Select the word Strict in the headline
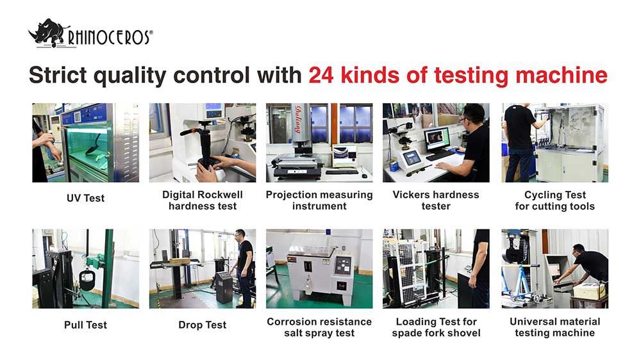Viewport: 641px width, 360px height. pyautogui.click(x=58, y=75)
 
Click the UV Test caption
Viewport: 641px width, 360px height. pyautogui.click(x=85, y=199)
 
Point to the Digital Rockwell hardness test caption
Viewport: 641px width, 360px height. pyautogui.click(x=203, y=200)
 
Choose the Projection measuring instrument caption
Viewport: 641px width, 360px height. pyautogui.click(x=319, y=200)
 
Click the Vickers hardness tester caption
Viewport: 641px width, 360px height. pyautogui.click(x=436, y=200)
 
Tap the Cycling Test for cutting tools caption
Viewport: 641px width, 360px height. pyautogui.click(x=554, y=200)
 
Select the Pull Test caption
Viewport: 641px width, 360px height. pyautogui.click(x=85, y=325)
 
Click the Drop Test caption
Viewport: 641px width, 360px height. pyautogui.click(x=203, y=325)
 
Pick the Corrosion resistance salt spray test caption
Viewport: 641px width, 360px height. pyautogui.click(x=319, y=327)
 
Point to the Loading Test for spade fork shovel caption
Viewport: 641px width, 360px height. pyautogui.click(x=436, y=327)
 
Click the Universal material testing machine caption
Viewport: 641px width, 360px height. pyautogui.click(x=554, y=327)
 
